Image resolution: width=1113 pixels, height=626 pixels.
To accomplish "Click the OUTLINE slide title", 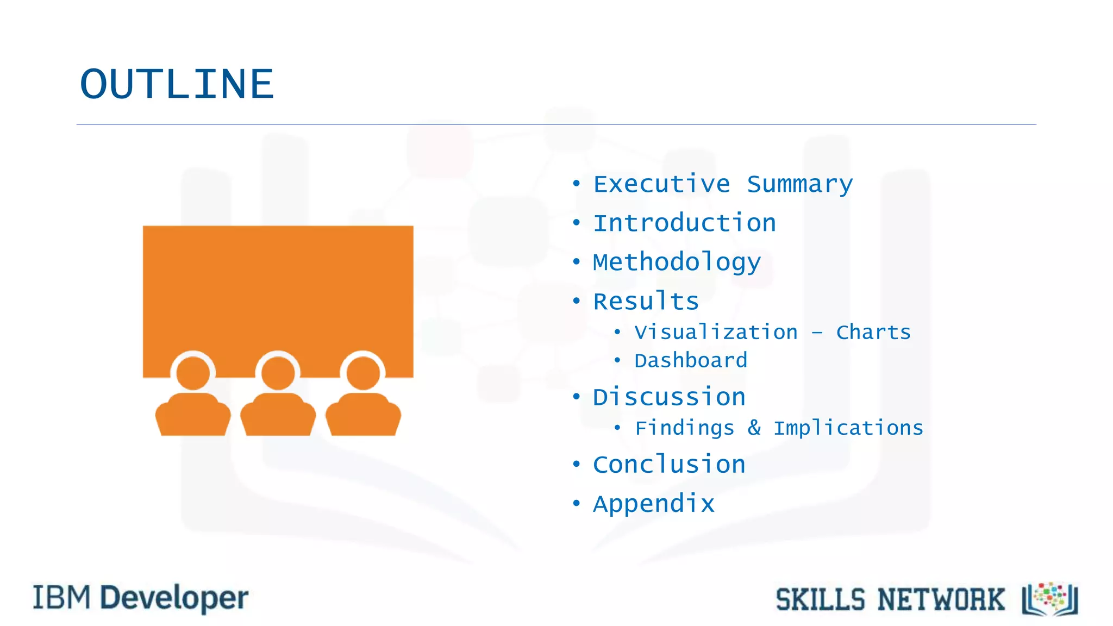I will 177,85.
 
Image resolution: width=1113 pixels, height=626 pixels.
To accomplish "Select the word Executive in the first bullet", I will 661,184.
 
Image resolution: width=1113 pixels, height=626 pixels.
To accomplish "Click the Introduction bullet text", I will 684,223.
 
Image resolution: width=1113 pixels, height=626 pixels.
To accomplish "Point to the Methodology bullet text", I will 677,263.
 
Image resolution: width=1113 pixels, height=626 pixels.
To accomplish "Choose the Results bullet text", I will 646,302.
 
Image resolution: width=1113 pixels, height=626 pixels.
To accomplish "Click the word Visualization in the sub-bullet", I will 716,332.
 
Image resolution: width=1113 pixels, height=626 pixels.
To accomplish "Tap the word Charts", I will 873,332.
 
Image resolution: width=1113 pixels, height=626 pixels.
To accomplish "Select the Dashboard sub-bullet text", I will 691,361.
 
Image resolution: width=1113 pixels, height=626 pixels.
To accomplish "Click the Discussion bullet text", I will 669,397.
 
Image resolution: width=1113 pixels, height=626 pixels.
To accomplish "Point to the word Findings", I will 685,428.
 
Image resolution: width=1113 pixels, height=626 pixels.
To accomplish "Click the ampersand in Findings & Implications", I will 754,428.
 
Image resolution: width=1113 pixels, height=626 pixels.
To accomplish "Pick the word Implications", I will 848,428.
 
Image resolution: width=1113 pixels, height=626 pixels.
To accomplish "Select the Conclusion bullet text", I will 669,465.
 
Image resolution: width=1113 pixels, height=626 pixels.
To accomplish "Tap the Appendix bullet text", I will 653,504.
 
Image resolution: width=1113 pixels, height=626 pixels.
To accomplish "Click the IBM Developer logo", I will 141,598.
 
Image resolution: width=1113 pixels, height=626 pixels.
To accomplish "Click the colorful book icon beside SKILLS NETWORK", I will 1050,599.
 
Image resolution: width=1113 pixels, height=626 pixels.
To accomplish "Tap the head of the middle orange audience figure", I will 278,373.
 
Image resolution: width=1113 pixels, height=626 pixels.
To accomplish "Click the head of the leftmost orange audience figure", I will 193,373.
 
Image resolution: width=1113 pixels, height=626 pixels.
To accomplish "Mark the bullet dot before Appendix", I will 576,503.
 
